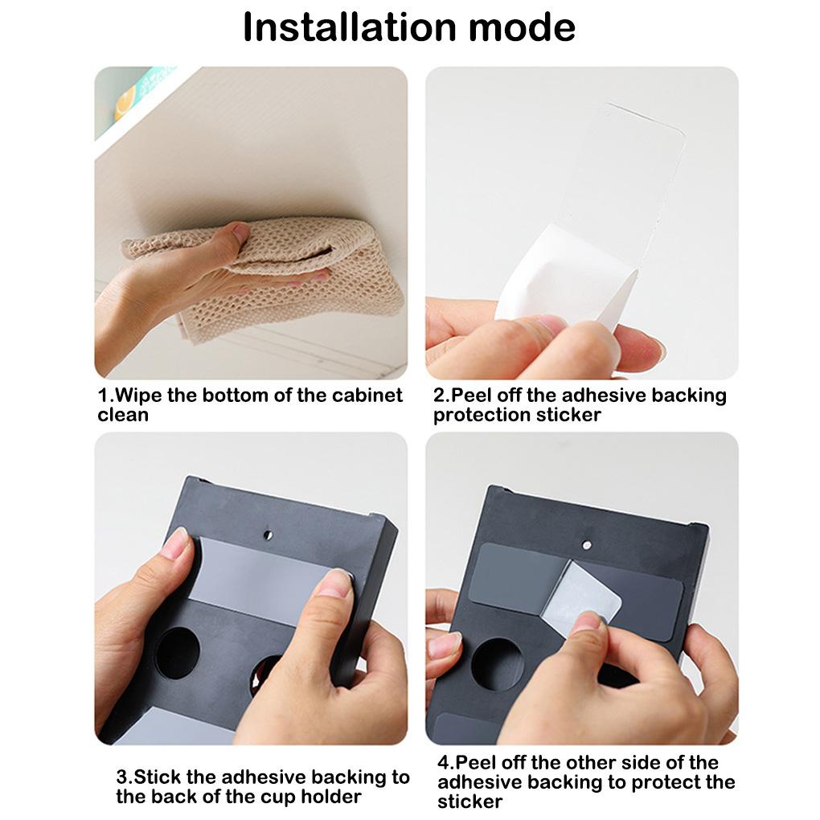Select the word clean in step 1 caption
[123, 415]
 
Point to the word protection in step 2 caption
[482, 416]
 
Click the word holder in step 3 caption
[331, 797]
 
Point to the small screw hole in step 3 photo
[268, 535]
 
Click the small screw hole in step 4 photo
[587, 545]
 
